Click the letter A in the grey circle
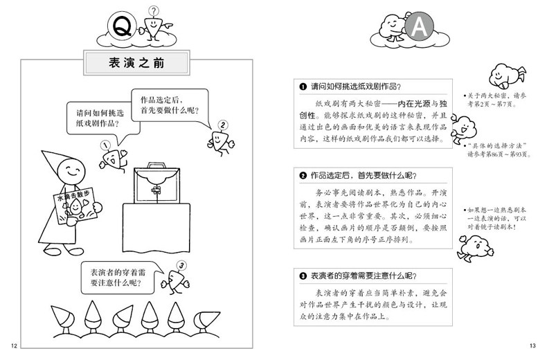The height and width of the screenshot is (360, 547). click(x=419, y=27)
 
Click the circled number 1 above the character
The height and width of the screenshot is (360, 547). click(x=105, y=145)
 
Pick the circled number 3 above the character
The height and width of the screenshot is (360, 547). click(x=181, y=264)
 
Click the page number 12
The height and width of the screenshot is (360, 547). click(x=12, y=345)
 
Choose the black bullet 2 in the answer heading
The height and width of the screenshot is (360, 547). click(x=303, y=174)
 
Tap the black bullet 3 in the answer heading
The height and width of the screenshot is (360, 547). click(x=303, y=276)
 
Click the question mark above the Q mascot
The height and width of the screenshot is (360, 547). click(x=154, y=10)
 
